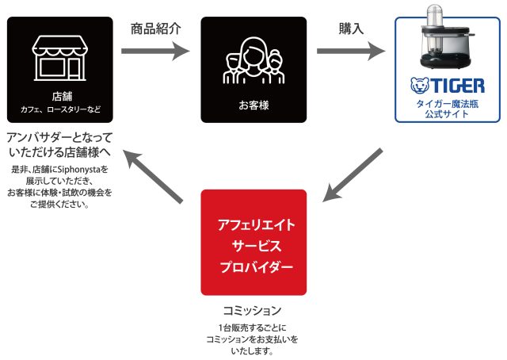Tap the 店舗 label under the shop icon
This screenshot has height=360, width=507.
60,96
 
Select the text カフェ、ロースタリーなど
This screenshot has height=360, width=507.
60,109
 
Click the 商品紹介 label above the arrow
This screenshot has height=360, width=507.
156,29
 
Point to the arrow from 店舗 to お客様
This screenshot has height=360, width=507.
156,52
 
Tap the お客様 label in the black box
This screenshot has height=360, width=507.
253,104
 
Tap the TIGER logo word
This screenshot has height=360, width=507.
459,85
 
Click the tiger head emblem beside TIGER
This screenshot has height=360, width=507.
418,85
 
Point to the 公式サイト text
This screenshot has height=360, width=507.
448,114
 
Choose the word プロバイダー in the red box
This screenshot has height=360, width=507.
253,267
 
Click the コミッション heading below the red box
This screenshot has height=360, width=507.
253,310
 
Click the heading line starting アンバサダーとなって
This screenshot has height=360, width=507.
60,136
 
